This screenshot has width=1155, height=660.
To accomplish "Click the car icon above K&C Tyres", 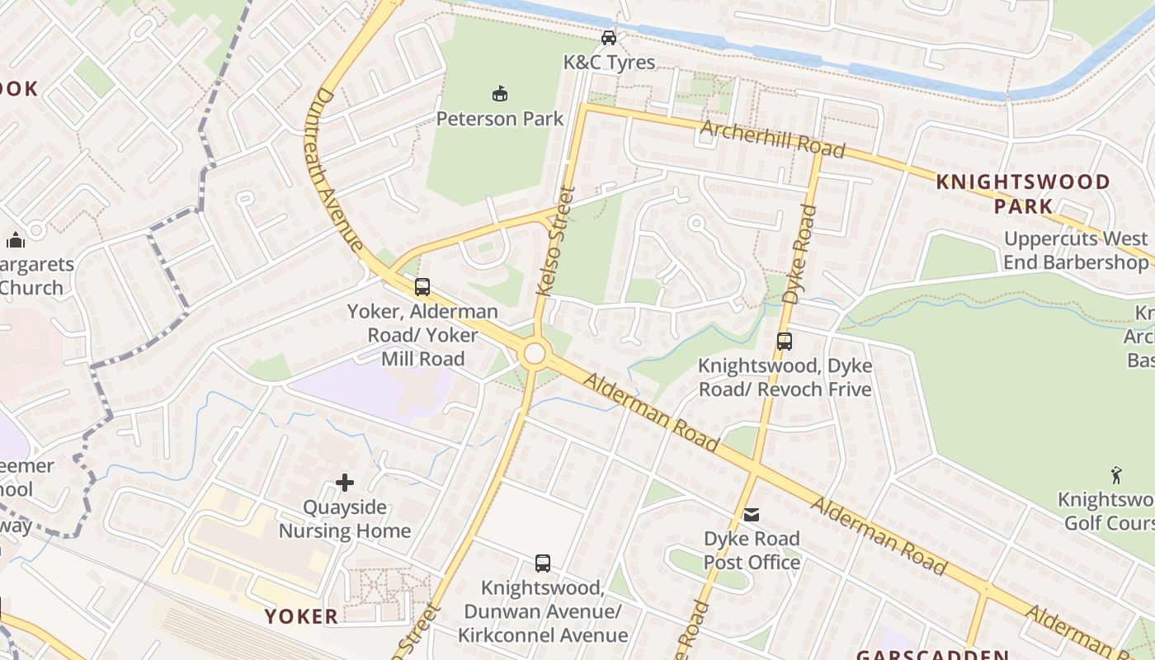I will pyautogui.click(x=608, y=38).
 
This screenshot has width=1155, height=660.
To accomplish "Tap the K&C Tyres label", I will pyautogui.click(x=609, y=63).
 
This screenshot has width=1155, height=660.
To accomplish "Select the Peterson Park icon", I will pyautogui.click(x=499, y=93).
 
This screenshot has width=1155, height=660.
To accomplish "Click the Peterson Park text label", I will pyautogui.click(x=499, y=119).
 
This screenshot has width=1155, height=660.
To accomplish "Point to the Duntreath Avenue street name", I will pyautogui.click(x=337, y=170).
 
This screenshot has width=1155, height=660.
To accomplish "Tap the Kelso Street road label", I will pyautogui.click(x=555, y=241).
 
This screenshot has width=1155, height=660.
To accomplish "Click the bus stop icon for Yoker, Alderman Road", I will pyautogui.click(x=422, y=287).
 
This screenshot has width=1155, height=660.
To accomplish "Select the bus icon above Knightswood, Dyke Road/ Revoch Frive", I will pyautogui.click(x=784, y=341).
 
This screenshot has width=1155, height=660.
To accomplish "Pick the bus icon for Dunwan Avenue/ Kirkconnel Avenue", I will pyautogui.click(x=542, y=563).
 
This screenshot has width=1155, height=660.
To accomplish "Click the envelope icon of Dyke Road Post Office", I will pyautogui.click(x=752, y=515).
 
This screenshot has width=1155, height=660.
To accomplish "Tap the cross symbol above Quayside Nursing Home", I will pyautogui.click(x=345, y=483).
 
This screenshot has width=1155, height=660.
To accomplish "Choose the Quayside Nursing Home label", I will pyautogui.click(x=345, y=519).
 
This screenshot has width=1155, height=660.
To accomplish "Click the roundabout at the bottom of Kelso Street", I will pyautogui.click(x=535, y=354).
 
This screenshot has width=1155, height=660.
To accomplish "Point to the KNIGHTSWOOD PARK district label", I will pyautogui.click(x=1023, y=194).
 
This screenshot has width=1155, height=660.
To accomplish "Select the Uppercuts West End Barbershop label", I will pyautogui.click(x=1076, y=251).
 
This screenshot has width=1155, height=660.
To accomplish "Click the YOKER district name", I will pyautogui.click(x=301, y=616).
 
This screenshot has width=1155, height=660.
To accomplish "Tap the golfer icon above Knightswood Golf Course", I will pyautogui.click(x=1116, y=475).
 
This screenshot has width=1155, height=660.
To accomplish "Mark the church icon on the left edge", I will pyautogui.click(x=15, y=240).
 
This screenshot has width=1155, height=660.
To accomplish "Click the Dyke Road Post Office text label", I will pyautogui.click(x=752, y=551).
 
